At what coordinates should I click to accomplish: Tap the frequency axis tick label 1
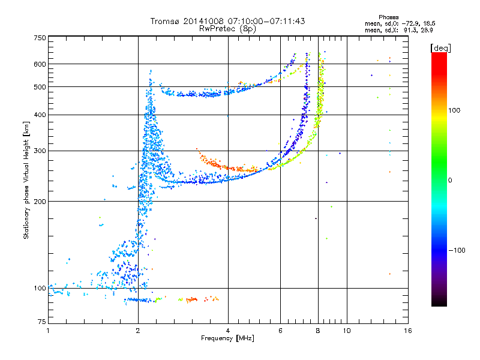pyautogui.click(x=48, y=331)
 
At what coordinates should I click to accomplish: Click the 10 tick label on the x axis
pyautogui.click(x=346, y=331)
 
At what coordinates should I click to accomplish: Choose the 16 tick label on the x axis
pyautogui.click(x=408, y=331)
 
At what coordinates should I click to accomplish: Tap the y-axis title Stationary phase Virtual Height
pyautogui.click(x=26, y=180)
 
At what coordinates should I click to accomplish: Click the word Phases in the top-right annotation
pyautogui.click(x=389, y=17)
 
